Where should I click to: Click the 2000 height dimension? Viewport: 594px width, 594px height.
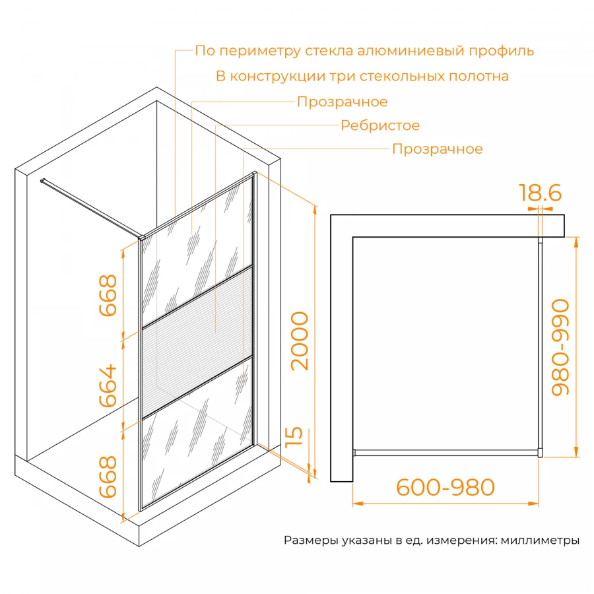click(x=299, y=341)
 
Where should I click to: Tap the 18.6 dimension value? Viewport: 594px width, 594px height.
click(x=540, y=193)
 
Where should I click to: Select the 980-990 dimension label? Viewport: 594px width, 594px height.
click(x=560, y=347)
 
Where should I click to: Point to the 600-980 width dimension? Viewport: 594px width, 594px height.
click(x=445, y=487)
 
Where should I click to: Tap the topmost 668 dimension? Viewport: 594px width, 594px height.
click(x=107, y=295)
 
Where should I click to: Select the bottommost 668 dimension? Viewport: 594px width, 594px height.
click(x=107, y=476)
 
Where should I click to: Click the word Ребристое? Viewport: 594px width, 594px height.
click(x=380, y=125)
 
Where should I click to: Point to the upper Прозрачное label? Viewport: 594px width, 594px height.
click(x=342, y=102)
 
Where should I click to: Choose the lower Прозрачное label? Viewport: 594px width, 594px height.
click(x=437, y=149)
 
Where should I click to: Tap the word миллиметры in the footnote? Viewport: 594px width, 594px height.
click(x=540, y=541)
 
